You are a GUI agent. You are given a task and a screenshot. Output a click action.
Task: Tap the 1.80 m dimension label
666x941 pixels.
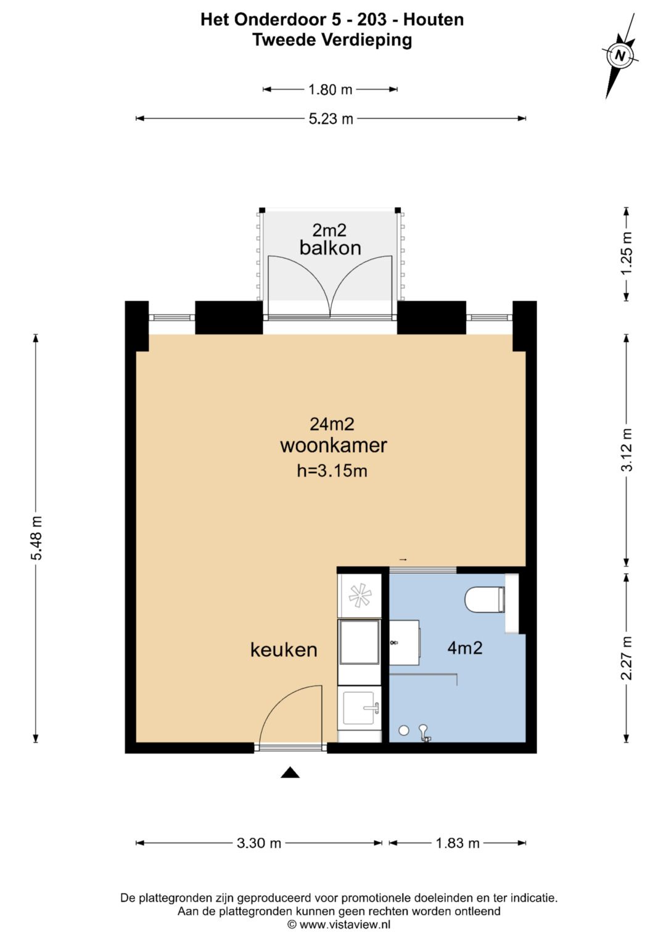[x=330, y=89]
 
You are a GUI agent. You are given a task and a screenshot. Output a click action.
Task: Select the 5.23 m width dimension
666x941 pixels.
[x=331, y=119]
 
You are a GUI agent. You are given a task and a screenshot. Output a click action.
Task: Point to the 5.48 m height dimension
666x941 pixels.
[x=36, y=539]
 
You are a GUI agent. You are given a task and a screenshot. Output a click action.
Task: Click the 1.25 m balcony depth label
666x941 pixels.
[x=627, y=254]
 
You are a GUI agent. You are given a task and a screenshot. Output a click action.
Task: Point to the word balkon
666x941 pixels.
[x=330, y=248]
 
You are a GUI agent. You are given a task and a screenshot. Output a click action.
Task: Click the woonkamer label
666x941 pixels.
[x=334, y=446]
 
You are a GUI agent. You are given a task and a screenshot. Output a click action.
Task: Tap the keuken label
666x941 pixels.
[x=284, y=650]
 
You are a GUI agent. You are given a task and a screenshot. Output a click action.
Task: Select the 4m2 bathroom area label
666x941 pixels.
[x=464, y=648]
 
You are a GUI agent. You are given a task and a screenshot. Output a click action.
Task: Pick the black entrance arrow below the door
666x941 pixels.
[x=290, y=773]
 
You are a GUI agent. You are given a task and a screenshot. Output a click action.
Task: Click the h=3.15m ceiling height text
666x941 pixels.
[x=332, y=471]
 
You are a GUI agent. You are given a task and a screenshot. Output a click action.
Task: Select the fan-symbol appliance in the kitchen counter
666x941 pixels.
[x=360, y=596]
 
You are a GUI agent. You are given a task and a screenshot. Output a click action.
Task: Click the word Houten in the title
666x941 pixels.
[x=434, y=20]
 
